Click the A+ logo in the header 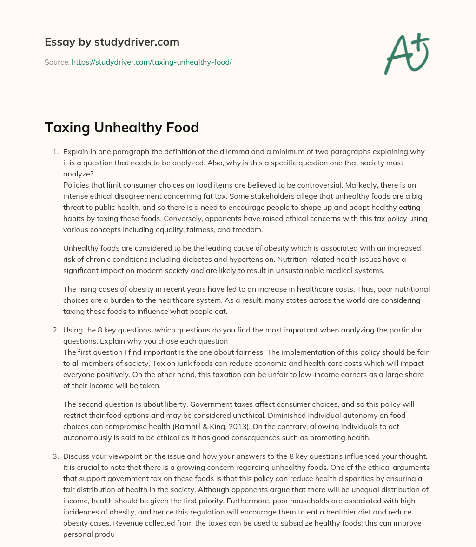[x=407, y=54]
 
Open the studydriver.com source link [x=152, y=62]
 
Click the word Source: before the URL [x=57, y=62]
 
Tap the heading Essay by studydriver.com [x=112, y=42]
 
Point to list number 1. [x=55, y=152]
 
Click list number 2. [x=55, y=330]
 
